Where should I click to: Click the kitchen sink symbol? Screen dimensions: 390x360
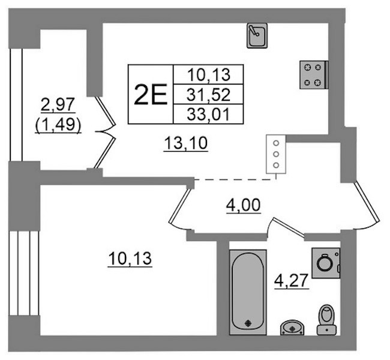tap(257, 35)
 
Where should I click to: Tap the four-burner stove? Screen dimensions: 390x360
tap(314, 74)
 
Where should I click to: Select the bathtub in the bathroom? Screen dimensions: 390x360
tap(248, 292)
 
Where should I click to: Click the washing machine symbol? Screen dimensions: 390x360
tap(326, 263)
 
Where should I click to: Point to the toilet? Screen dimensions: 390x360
tap(326, 320)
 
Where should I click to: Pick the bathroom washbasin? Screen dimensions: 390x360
tap(293, 328)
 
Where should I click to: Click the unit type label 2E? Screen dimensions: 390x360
tap(150, 95)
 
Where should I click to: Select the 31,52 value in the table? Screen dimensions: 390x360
tap(208, 95)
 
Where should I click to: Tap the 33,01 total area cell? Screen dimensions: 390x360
tap(208, 115)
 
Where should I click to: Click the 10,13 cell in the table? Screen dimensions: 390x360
tap(209, 74)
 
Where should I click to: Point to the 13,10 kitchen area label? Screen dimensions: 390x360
tap(185, 143)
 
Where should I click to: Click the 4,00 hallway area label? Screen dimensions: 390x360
tap(244, 206)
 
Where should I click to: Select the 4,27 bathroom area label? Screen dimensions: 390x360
tap(291, 281)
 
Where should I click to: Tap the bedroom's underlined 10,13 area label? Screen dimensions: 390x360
tap(130, 259)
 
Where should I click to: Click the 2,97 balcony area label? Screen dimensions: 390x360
tap(58, 104)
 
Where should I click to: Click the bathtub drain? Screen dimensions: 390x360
tap(248, 323)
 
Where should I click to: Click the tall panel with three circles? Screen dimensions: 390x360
tap(276, 154)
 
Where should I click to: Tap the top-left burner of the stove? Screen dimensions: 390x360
tap(308, 67)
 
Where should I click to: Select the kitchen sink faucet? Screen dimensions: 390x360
tap(254, 30)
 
